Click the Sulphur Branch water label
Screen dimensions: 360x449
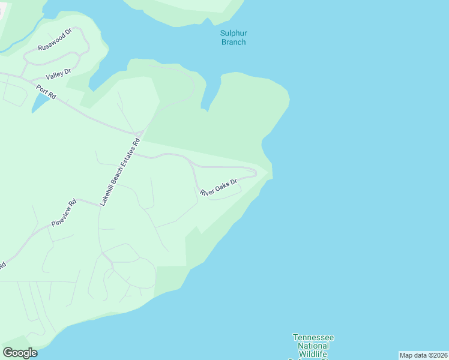point(234,37)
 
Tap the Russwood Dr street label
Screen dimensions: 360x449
point(55,39)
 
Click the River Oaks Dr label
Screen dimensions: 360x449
point(219,187)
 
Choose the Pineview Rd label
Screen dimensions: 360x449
point(64,212)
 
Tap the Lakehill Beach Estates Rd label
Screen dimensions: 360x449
point(119,173)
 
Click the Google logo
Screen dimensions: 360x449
point(20,353)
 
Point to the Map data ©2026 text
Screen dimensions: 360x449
point(423,355)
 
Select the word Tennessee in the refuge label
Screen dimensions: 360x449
point(313,338)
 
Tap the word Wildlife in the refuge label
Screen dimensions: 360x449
point(313,354)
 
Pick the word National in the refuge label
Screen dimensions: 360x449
point(313,346)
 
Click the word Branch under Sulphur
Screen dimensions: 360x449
point(234,42)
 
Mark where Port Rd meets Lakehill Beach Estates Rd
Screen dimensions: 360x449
point(139,132)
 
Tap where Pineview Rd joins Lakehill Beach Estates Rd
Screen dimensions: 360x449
point(99,205)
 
